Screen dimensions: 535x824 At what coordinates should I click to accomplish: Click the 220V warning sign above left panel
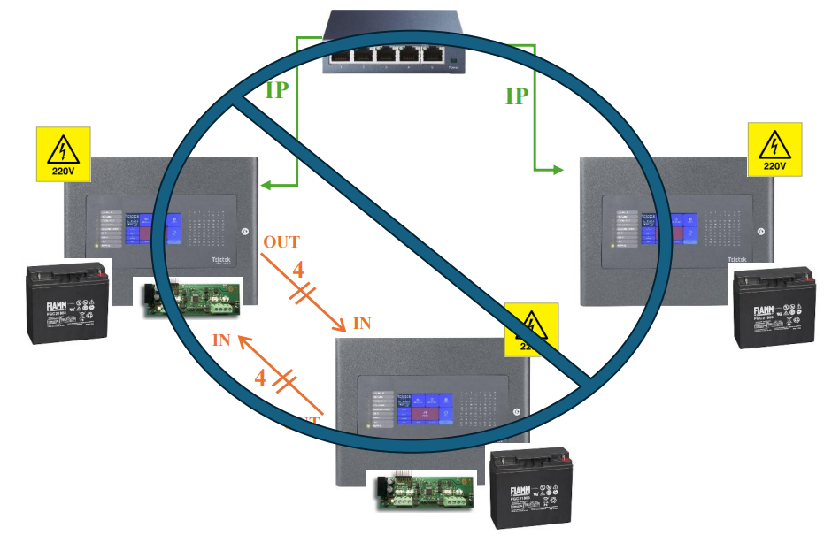[x=64, y=154]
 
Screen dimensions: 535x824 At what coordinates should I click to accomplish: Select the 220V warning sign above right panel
[x=774, y=149]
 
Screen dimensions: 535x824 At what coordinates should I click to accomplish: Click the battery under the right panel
[x=775, y=310]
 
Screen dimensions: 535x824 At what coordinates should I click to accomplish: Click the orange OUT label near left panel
[x=281, y=241]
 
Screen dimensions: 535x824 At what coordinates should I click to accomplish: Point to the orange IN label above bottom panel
[x=362, y=324]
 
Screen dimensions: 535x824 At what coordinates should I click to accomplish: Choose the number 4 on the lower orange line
[x=260, y=378]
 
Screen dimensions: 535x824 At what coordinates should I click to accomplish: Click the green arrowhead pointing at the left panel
[x=266, y=186]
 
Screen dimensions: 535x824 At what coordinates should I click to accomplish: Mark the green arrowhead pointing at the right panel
[x=558, y=168]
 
